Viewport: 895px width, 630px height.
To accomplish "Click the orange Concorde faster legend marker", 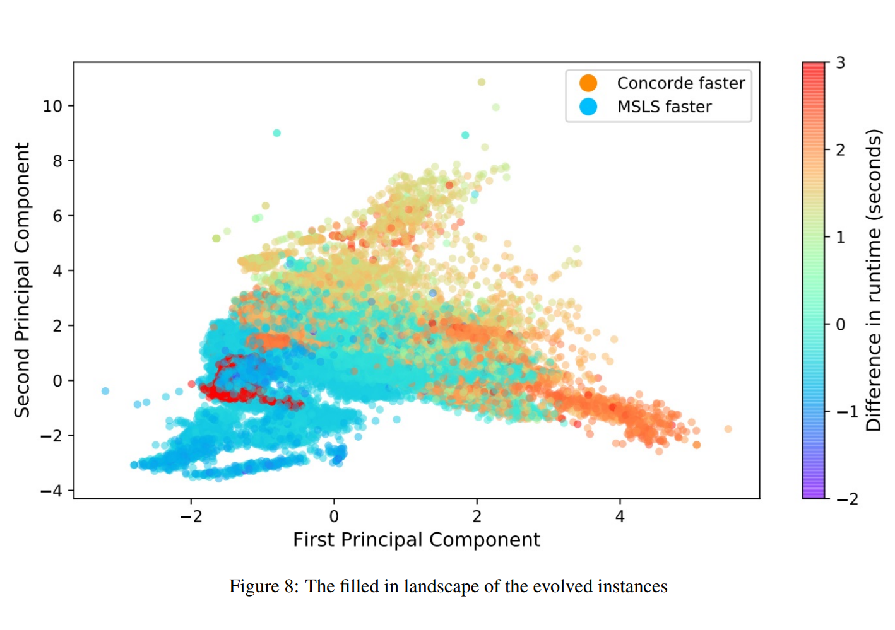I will click(x=588, y=83).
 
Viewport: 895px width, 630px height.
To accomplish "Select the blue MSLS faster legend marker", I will click(x=588, y=107).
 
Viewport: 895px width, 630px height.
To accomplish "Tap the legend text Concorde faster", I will click(x=680, y=83).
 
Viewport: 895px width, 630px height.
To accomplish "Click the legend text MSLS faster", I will click(x=664, y=107).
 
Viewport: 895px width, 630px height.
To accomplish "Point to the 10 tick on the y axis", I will click(x=52, y=106).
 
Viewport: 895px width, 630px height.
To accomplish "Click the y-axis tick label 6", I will click(x=57, y=216).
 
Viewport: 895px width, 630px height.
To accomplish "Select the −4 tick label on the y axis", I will click(x=52, y=491).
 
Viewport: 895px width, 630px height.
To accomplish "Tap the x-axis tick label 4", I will click(x=620, y=516).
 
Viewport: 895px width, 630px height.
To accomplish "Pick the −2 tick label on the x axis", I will click(x=191, y=516).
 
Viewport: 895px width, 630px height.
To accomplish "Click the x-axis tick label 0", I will click(x=334, y=516).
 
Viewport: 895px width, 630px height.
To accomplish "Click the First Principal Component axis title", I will click(x=417, y=540).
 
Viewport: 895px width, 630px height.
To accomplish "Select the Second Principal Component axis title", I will click(x=23, y=280).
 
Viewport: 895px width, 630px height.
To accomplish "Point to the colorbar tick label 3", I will click(x=840, y=63).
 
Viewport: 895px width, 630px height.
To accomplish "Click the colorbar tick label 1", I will click(x=840, y=238).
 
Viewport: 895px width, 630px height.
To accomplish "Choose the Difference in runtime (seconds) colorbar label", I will click(x=874, y=280).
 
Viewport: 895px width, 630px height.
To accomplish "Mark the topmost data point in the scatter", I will click(x=482, y=82).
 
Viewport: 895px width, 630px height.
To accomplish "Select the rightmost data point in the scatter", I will click(x=728, y=429).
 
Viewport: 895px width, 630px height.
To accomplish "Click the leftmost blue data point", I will click(x=105, y=391).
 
